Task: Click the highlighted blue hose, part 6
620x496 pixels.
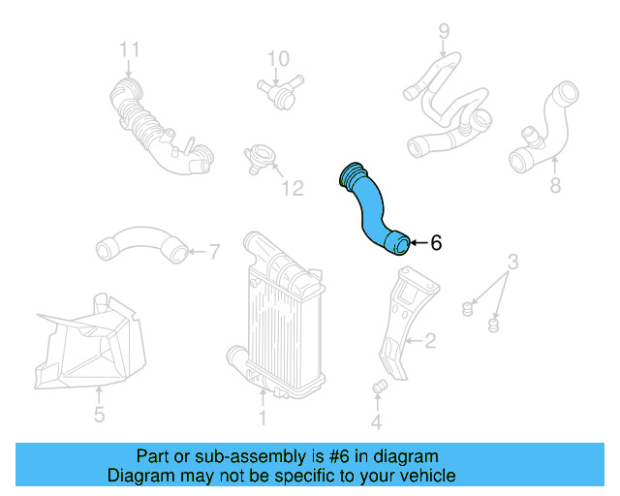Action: (371, 209)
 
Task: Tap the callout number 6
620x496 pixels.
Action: (436, 243)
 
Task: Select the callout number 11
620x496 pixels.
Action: (130, 48)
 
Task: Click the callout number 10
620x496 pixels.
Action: (278, 58)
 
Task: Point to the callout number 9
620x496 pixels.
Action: (444, 31)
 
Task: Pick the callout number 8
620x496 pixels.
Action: (555, 185)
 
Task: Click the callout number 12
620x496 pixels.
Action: (292, 188)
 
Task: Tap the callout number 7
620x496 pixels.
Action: (215, 253)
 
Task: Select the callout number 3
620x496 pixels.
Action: (513, 261)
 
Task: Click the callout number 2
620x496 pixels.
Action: (430, 340)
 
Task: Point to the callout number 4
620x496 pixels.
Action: (376, 421)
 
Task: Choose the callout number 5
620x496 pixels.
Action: (99, 418)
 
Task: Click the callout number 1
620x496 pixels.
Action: (262, 418)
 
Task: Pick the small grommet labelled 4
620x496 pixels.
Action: (380, 388)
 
